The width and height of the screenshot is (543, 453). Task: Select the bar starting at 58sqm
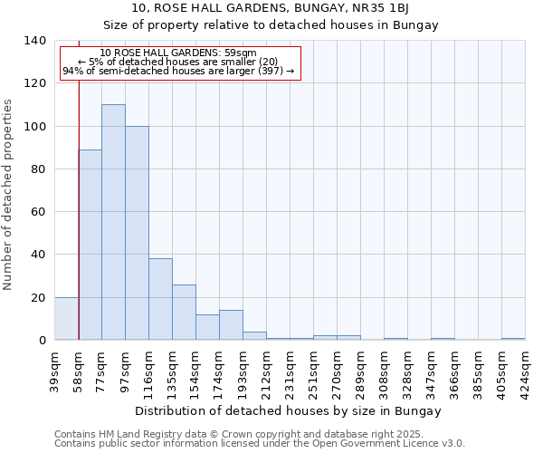[x=90, y=245]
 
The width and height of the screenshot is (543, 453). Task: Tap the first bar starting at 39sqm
[x=66, y=319]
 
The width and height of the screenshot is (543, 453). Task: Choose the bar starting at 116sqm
[x=160, y=299]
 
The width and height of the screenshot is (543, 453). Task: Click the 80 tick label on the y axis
[x=38, y=169]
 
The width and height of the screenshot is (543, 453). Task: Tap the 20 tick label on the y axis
[x=38, y=298]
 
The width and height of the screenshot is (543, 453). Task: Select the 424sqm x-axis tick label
[x=525, y=370]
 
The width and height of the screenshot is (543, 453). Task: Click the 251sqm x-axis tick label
[x=313, y=370]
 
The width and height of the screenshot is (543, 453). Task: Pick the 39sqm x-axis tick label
[x=54, y=370]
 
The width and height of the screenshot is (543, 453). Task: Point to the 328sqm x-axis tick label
[x=407, y=370]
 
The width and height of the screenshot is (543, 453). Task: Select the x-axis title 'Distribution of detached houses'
[x=271, y=410]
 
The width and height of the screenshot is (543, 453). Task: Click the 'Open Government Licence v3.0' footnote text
[x=395, y=443]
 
